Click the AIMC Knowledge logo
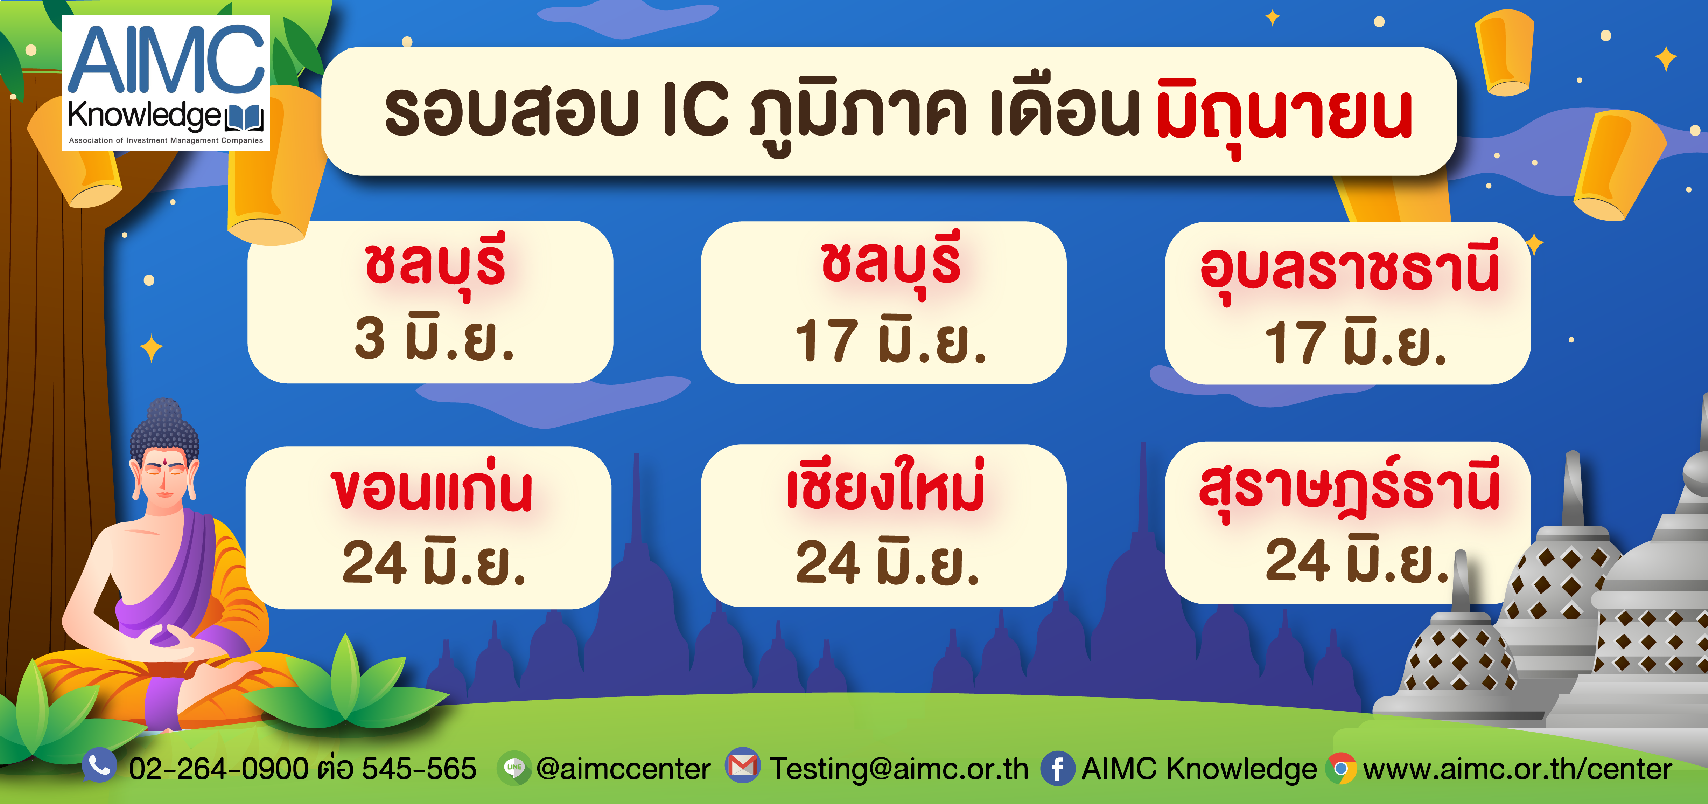pos(166,83)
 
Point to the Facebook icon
pos(1058,768)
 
